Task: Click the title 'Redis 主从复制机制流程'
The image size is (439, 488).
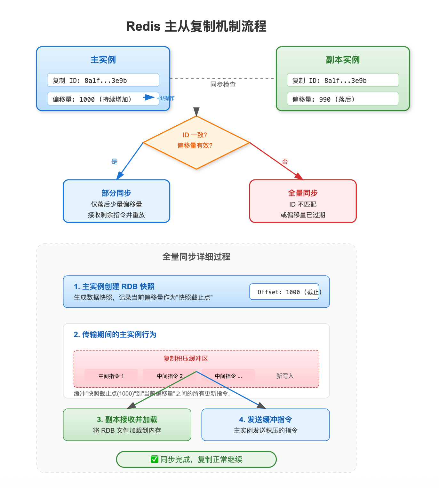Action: [196, 26]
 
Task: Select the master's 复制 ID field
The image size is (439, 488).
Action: [103, 80]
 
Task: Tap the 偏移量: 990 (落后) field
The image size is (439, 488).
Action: [343, 99]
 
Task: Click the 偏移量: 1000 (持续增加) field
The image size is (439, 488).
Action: [96, 99]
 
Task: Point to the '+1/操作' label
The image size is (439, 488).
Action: [166, 98]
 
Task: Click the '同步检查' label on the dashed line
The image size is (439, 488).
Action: [223, 84]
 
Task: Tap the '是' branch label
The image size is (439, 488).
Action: [114, 161]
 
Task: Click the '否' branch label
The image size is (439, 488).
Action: [285, 161]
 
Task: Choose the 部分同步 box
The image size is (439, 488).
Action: [116, 201]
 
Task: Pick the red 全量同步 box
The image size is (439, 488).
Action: [303, 201]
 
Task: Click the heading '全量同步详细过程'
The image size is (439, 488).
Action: [196, 257]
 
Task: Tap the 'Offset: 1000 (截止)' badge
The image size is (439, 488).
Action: [284, 292]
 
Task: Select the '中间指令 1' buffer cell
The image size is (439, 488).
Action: [111, 376]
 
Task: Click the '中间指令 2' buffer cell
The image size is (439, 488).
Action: [170, 376]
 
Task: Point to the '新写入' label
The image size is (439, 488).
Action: [285, 376]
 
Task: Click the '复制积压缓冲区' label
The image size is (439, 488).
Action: [186, 359]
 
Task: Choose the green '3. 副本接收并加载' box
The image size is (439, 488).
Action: [127, 425]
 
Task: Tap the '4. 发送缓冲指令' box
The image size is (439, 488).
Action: [266, 425]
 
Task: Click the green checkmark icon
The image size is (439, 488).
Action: [155, 460]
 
